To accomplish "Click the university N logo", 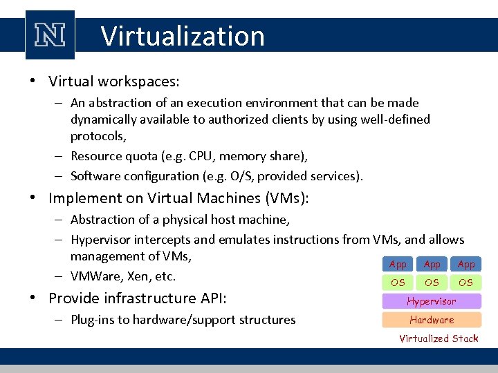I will point(49,35).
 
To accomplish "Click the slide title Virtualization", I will point(183,36).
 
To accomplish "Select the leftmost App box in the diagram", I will point(398,264).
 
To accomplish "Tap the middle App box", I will point(432,264).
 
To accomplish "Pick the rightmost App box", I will point(466,264).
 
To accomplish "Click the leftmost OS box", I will point(398,282).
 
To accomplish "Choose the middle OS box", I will point(432,282).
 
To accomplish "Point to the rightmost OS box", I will point(466,282).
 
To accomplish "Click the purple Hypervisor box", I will point(432,301).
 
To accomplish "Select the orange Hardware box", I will point(432,320).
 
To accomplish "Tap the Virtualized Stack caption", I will point(439,338).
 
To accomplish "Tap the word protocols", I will point(98,137).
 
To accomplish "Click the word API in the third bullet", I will point(213,298).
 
